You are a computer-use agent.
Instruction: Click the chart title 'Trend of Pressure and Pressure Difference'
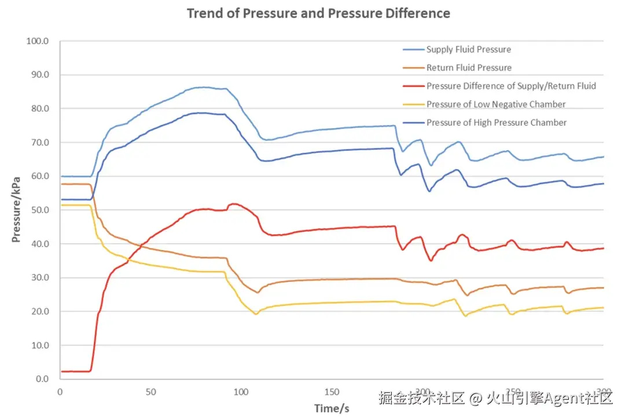tap(318, 13)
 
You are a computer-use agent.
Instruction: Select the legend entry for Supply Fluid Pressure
tap(468, 49)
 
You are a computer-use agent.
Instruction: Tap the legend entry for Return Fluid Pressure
tap(469, 68)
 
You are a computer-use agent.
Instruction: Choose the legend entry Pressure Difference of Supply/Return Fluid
tap(511, 86)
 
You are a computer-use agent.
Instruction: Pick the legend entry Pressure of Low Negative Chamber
tap(496, 104)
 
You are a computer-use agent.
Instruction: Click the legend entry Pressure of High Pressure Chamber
tap(497, 123)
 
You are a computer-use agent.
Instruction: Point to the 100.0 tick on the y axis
tap(38, 41)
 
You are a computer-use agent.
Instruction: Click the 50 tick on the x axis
tap(150, 392)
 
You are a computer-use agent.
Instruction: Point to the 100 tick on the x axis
tap(241, 392)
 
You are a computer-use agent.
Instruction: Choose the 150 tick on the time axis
tap(332, 392)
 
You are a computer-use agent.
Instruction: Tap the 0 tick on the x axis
tap(60, 392)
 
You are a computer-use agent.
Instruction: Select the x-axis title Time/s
tap(332, 409)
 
